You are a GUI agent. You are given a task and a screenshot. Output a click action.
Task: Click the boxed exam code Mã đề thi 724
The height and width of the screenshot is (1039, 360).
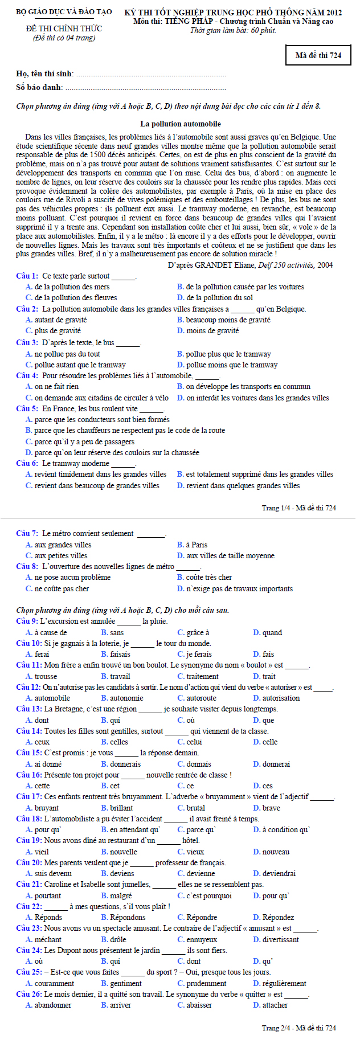coord(318,55)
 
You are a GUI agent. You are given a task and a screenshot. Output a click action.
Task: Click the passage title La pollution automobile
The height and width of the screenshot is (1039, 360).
coord(181,124)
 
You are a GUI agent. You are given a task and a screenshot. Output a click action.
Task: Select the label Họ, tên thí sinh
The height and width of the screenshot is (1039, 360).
coord(44,73)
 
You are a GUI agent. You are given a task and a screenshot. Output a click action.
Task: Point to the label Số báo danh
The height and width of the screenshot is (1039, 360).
coord(39,88)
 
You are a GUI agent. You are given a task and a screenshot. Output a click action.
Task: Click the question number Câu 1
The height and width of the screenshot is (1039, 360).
coord(27,276)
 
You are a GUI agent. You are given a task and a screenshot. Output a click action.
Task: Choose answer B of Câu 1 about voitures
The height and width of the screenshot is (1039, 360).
coord(244,287)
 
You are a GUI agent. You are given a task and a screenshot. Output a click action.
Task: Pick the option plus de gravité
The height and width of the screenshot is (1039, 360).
coord(58,331)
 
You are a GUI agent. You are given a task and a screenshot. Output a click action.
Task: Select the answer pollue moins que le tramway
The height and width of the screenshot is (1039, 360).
coord(232,365)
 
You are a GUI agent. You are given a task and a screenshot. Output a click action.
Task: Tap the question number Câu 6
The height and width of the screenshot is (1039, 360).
coord(27,464)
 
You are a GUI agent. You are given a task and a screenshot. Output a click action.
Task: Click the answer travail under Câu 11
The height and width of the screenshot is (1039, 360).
coord(120,677)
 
